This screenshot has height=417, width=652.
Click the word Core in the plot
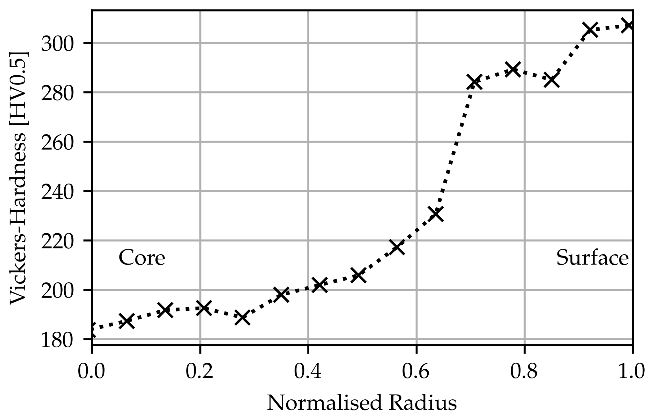pos(142,258)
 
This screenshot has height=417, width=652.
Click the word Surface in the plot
pos(592,258)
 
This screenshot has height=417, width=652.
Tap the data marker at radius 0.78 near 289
pos(513,69)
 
